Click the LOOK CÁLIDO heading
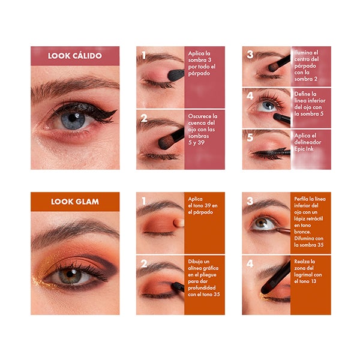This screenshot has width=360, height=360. click(75, 56)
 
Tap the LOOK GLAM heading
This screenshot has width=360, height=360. click(75, 202)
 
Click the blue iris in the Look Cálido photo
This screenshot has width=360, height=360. click(73, 120)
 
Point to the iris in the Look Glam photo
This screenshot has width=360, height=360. click(70, 276)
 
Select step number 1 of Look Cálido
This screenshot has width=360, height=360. click(144, 55)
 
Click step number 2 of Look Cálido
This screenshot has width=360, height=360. click(144, 118)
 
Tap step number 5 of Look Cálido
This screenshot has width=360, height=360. click(250, 137)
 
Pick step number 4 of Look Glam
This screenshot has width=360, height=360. click(250, 263)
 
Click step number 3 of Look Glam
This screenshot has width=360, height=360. click(250, 201)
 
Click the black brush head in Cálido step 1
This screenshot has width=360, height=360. click(176, 75)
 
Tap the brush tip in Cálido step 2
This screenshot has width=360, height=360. click(166, 143)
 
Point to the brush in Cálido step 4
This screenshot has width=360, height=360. click(282, 118)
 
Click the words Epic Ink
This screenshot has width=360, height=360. click(304, 149)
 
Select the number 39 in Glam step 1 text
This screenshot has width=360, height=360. click(208, 205)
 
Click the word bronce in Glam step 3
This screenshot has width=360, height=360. click(302, 232)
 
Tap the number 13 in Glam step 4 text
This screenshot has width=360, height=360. click(313, 281)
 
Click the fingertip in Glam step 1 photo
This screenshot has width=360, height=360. click(179, 222)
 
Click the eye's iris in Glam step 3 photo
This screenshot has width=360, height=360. click(261, 223)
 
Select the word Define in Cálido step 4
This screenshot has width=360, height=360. click(302, 94)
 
